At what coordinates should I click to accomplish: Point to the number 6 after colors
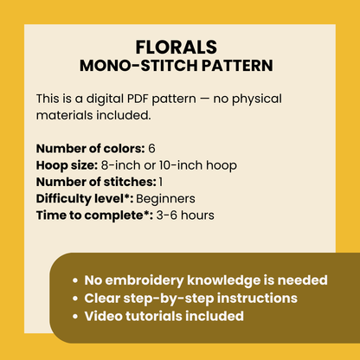click(x=151, y=149)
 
